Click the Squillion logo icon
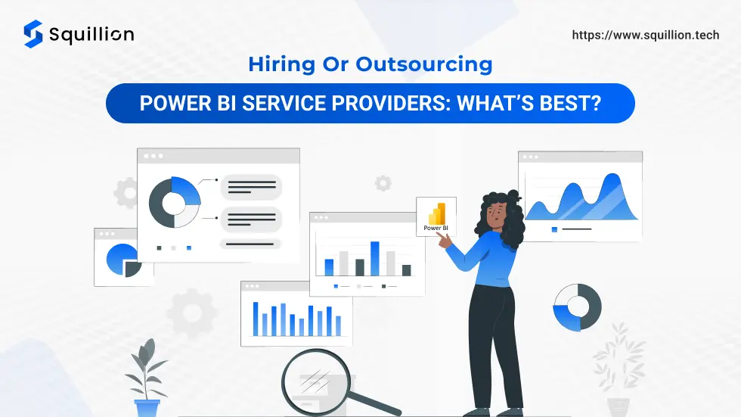[33, 34]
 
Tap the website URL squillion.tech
[646, 35]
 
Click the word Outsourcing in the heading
[424, 64]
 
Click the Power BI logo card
[436, 216]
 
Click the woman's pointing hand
[444, 241]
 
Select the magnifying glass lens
[316, 381]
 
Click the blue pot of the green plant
[147, 408]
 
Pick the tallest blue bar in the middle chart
[375, 259]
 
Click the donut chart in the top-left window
[175, 202]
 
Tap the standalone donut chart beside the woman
[577, 307]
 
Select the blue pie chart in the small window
[123, 260]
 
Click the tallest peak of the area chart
[612, 176]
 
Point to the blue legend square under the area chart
[554, 229]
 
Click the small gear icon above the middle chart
[383, 183]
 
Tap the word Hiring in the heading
[281, 64]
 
